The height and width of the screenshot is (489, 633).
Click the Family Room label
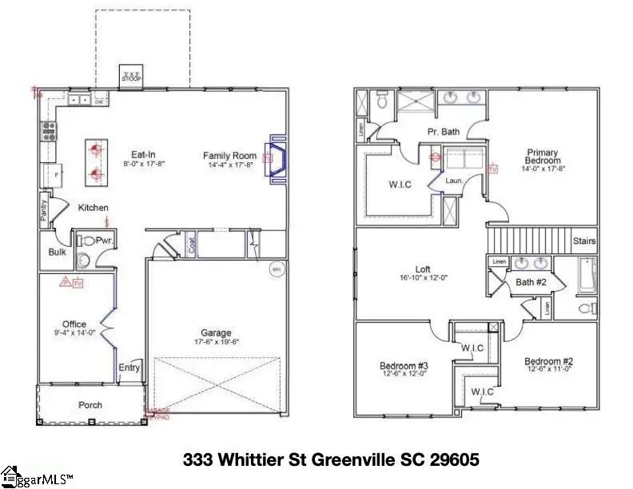229,156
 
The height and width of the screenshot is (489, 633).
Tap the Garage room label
216,332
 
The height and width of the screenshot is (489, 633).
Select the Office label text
74,324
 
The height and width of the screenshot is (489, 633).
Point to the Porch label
90,405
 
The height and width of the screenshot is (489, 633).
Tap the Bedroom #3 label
404,367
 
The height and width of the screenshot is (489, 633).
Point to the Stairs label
583,241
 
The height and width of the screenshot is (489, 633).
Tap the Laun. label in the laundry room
455,181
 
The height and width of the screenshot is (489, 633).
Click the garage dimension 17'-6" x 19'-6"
216,342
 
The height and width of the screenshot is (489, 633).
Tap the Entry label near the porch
129,368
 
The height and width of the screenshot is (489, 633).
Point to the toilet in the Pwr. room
83,258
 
